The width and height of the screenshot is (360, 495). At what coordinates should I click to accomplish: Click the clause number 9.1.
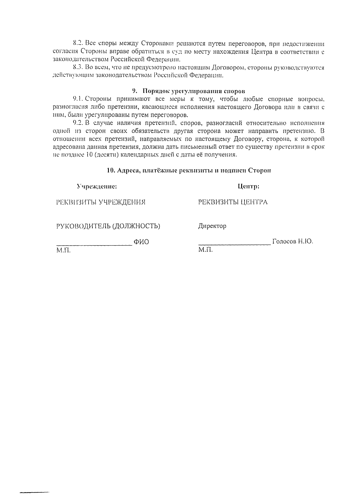pos(79,99)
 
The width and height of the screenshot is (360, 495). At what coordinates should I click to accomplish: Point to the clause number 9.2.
pos(79,123)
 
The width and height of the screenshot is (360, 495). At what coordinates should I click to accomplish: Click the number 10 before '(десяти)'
pos(86,155)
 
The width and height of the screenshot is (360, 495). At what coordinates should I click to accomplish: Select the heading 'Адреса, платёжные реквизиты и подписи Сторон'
pos(189,171)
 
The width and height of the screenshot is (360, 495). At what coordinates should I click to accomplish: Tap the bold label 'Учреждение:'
pos(97,186)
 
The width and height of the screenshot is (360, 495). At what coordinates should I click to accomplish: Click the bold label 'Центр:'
pos(248,186)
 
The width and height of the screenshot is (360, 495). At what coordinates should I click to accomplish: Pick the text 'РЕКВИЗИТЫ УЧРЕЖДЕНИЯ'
pos(101,202)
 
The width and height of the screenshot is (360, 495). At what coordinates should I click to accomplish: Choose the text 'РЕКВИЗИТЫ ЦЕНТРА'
pos(233,202)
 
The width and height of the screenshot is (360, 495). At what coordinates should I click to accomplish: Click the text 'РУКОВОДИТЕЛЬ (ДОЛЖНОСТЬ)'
pos(108,226)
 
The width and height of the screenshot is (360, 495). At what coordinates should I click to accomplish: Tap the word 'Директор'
pos(212,226)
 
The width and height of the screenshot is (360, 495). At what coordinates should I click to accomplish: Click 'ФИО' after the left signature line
pos(141,242)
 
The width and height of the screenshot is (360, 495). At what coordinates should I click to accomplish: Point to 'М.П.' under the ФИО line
pos(63,250)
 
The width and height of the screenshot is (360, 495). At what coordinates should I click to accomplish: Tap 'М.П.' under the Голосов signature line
pos(205,250)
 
